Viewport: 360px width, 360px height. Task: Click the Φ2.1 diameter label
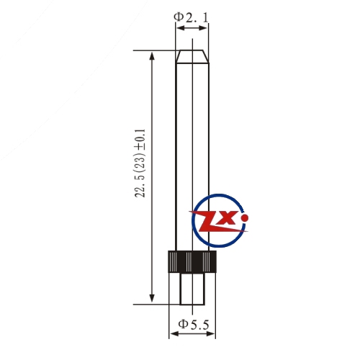tap(191, 17)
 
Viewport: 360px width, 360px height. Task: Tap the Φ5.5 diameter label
tap(194, 324)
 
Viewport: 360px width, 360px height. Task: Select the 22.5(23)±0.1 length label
tap(140, 163)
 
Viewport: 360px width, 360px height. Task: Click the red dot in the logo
tap(245, 218)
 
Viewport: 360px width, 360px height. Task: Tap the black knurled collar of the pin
tap(192, 261)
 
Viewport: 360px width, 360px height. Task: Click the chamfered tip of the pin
tap(192, 57)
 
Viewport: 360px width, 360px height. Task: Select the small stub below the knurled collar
tap(192, 289)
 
